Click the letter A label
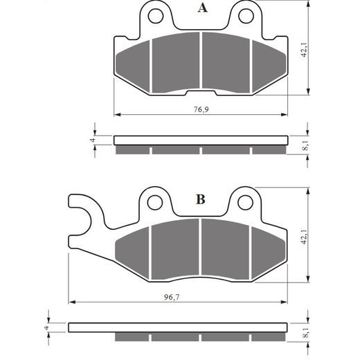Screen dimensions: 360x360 (202, 8)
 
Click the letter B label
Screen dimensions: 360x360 (200, 200)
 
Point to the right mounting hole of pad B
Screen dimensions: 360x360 (244, 201)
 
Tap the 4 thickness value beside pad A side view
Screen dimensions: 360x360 (92, 140)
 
